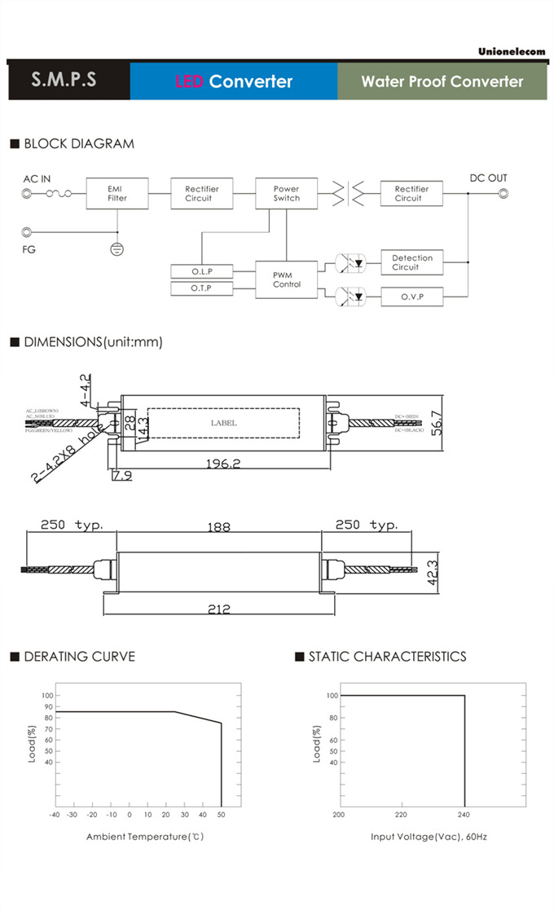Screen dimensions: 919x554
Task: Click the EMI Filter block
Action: tap(117, 194)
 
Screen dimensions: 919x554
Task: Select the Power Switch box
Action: tap(286, 194)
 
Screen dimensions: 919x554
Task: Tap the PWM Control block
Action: tap(286, 280)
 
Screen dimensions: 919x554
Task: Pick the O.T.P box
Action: tap(201, 289)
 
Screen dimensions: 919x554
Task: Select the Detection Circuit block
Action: tap(411, 262)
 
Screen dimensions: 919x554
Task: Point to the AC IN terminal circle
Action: tap(28, 194)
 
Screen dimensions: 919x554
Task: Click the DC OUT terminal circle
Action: tap(503, 194)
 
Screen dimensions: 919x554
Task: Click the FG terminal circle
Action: tap(28, 233)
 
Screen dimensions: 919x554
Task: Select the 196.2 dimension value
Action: tap(223, 464)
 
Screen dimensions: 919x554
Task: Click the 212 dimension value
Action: tap(219, 609)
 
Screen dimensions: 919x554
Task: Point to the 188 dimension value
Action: tap(219, 526)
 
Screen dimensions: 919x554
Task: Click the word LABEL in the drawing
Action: tap(223, 423)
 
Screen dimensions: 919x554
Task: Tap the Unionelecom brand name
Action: tap(512, 52)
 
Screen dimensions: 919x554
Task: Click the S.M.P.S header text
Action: tap(64, 81)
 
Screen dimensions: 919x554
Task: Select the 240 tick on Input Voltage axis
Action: tap(464, 814)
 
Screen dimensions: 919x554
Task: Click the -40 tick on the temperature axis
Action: tap(54, 814)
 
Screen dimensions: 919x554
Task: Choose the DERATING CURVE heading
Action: tap(79, 657)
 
